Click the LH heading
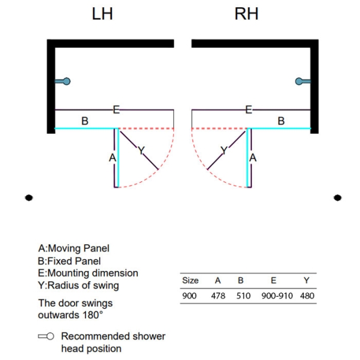pyautogui.click(x=102, y=14)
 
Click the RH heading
pyautogui.click(x=247, y=14)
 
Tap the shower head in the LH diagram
pyautogui.click(x=63, y=81)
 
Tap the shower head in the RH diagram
pyautogui.click(x=303, y=81)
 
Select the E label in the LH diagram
pyautogui.click(x=116, y=110)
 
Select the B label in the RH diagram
pyautogui.click(x=281, y=121)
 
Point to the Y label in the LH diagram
pyautogui.click(x=141, y=150)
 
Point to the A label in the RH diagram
pyautogui.click(x=253, y=158)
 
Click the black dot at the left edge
pyautogui.click(x=29, y=198)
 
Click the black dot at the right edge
pyautogui.click(x=337, y=198)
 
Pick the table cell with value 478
pyautogui.click(x=218, y=296)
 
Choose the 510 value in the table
pyautogui.click(x=244, y=296)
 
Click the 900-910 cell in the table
pyautogui.click(x=277, y=296)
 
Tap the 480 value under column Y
pyautogui.click(x=307, y=296)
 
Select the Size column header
pyautogui.click(x=190, y=281)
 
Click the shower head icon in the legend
pyautogui.click(x=46, y=336)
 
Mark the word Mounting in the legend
pyautogui.click(x=69, y=273)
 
